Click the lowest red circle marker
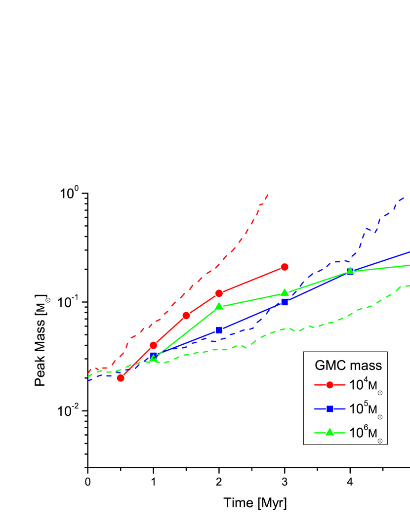click(121, 378)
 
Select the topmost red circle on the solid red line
click(285, 267)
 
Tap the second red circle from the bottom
click(153, 345)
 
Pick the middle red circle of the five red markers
click(186, 315)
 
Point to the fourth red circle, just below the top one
click(219, 293)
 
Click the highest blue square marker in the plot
click(285, 302)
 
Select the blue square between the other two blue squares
click(219, 330)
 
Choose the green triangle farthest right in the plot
click(350, 271)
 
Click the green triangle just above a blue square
click(285, 293)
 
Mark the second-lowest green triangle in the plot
click(219, 306)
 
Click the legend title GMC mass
click(348, 366)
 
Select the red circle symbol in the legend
click(330, 385)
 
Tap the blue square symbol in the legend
click(330, 408)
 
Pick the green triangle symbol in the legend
click(330, 432)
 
